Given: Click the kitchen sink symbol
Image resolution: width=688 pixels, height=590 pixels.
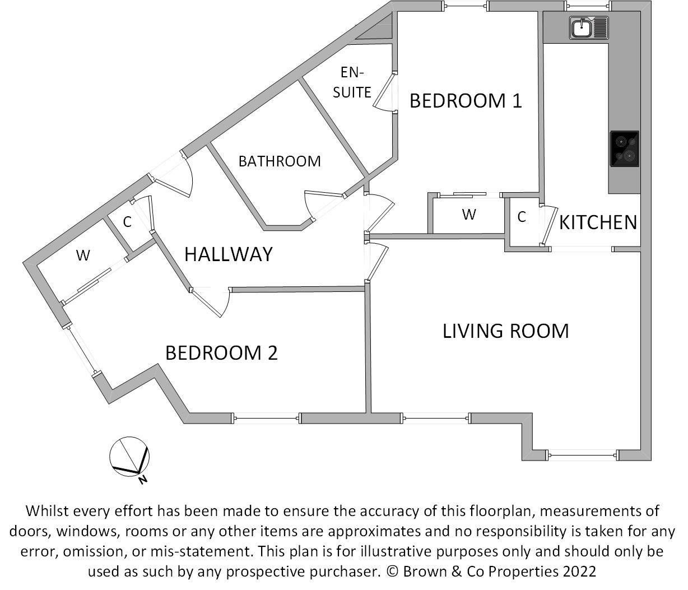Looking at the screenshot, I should pyautogui.click(x=589, y=27).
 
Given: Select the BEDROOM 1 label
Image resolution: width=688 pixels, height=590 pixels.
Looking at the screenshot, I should pyautogui.click(x=466, y=101).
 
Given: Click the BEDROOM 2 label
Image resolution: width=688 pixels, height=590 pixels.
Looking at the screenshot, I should pyautogui.click(x=221, y=353).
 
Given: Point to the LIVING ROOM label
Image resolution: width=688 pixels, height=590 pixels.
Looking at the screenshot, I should pyautogui.click(x=505, y=331).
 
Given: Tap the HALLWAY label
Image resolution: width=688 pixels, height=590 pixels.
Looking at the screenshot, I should pyautogui.click(x=228, y=254).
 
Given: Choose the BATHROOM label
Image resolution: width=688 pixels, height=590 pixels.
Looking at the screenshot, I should pyautogui.click(x=280, y=161).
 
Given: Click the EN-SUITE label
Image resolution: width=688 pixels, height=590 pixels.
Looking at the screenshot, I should pyautogui.click(x=352, y=82).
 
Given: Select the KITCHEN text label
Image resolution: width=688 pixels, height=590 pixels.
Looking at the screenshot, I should pyautogui.click(x=598, y=222).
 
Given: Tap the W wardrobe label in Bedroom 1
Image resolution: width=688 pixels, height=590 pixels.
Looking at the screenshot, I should pyautogui.click(x=469, y=215).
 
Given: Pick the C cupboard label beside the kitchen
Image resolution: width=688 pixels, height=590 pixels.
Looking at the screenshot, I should pyautogui.click(x=522, y=217).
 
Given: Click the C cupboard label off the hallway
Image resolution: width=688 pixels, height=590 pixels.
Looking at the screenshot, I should pyautogui.click(x=127, y=222).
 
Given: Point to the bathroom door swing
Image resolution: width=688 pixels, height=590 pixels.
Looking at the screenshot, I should pyautogui.click(x=313, y=204).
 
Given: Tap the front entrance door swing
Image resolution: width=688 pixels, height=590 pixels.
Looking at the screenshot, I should pyautogui.click(x=176, y=179).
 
